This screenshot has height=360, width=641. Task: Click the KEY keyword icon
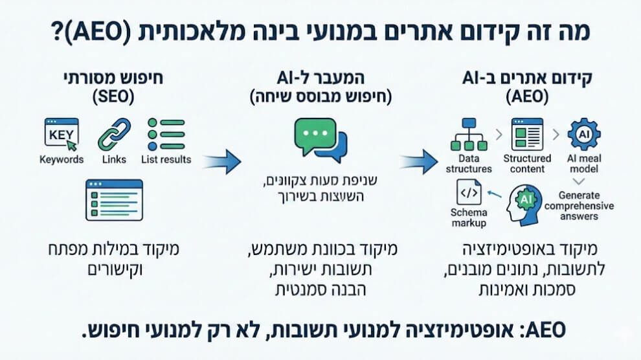pyautogui.click(x=60, y=133)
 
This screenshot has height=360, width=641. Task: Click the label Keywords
pyautogui.click(x=62, y=159)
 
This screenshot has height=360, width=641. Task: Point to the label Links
pyautogui.click(x=114, y=159)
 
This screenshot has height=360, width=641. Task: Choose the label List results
pyautogui.click(x=166, y=159)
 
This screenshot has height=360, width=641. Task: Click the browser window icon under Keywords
pyautogui.click(x=114, y=200)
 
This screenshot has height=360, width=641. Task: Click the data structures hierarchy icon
pyautogui.click(x=469, y=134)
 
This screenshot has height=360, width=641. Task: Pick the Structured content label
pyautogui.click(x=527, y=163)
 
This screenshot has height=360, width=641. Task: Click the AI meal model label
pyautogui.click(x=583, y=163)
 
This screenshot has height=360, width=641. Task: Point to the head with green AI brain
pyautogui.click(x=525, y=202)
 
